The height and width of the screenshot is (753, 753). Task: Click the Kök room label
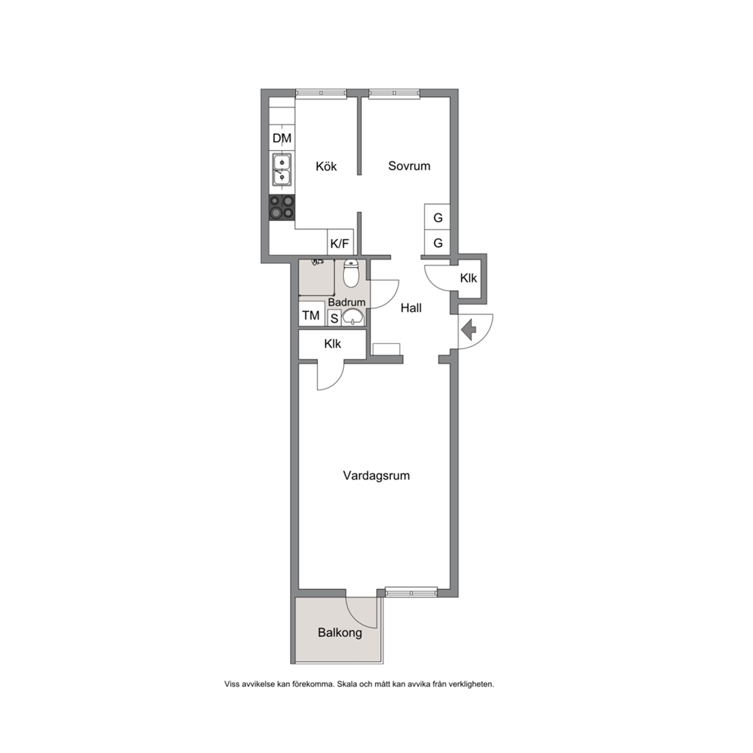[326, 167]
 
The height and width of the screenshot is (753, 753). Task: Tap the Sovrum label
[409, 166]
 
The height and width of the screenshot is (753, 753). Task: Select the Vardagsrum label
[376, 476]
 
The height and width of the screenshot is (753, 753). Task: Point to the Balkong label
[340, 632]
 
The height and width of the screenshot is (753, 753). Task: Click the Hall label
[411, 308]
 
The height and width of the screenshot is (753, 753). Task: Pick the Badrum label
[347, 302]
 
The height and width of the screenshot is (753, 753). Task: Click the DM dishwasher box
[282, 138]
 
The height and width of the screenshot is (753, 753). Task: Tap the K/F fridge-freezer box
[341, 242]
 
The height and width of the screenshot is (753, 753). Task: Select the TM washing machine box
[311, 316]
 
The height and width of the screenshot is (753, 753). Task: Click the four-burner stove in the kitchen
[282, 207]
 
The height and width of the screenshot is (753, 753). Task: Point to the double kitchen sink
[282, 169]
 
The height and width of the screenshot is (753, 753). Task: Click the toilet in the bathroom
[351, 273]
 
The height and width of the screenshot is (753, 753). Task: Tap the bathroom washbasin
[354, 317]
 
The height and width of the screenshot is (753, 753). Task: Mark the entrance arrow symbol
[468, 330]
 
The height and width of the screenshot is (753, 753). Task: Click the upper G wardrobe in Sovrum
[437, 217]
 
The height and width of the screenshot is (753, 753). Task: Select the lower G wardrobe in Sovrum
[437, 242]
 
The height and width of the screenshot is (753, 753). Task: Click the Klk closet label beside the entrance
[468, 278]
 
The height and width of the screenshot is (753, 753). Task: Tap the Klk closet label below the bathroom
[332, 344]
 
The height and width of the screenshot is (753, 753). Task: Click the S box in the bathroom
[334, 318]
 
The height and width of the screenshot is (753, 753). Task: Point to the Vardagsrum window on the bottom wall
[411, 592]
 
